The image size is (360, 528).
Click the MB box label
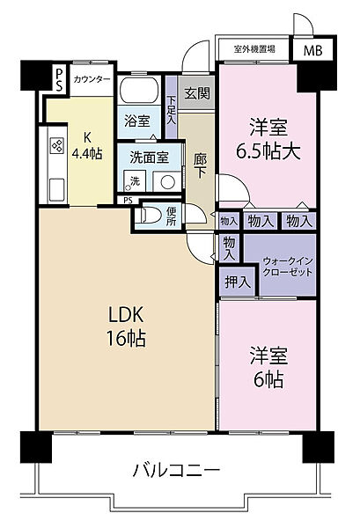coord(312,50)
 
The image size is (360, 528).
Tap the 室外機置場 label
coord(254,50)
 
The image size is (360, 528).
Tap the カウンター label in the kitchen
coord(92,80)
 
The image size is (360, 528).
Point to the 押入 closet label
coord(234,282)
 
